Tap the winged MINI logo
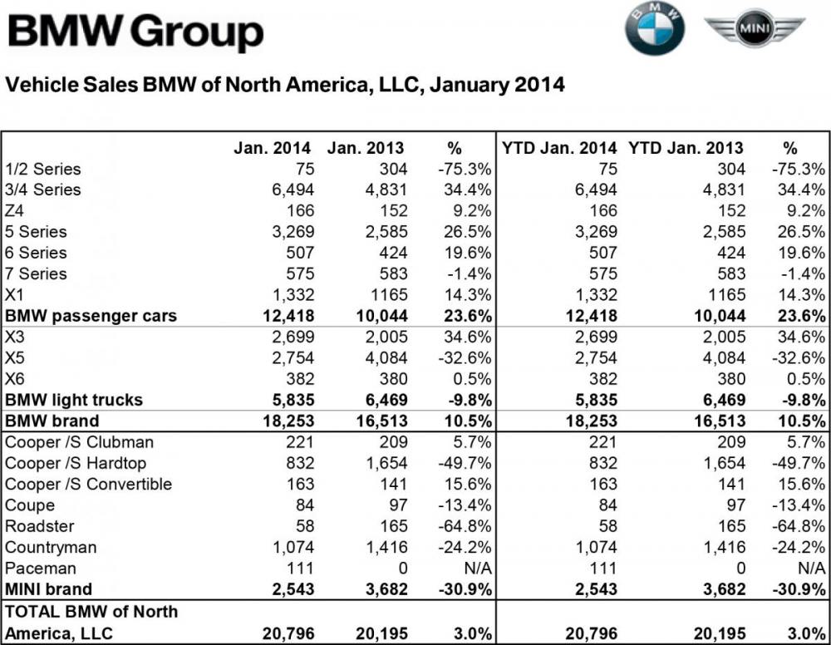[755, 30]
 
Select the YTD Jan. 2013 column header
[687, 149]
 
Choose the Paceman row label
[41, 568]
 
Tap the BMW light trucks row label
[75, 400]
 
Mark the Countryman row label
[51, 547]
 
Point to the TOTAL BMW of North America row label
[91, 622]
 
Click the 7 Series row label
[36, 273]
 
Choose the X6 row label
[16, 379]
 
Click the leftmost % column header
[454, 149]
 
